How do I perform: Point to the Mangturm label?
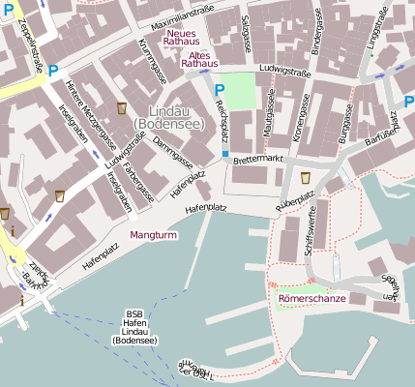coord(152,235)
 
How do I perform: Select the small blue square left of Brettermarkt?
coord(225,154)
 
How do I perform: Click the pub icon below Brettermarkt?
coord(306,177)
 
